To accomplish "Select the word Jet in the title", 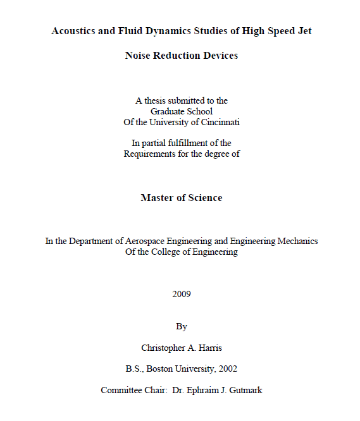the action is point(302,31).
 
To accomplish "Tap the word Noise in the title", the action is point(139,56).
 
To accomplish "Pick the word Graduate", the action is point(167,111).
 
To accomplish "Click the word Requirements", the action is point(151,154).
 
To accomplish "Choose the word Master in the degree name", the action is point(156,198).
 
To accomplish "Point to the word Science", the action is point(203,198).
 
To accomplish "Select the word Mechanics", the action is point(298,241).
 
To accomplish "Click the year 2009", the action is point(181,294).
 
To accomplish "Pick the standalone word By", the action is point(182,327).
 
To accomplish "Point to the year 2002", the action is point(227,369).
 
